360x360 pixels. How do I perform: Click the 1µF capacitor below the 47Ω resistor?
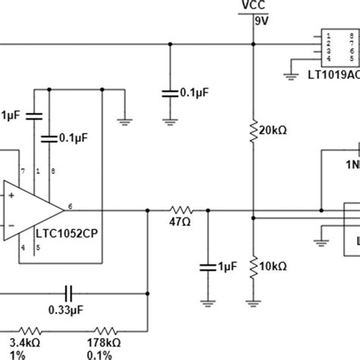[205, 266]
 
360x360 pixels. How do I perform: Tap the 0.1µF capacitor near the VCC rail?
[169, 93]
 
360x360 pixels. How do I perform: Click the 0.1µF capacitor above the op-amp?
[49, 138]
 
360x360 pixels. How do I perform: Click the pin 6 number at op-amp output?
[71, 204]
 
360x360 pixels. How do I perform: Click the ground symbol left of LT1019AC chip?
[289, 74]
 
